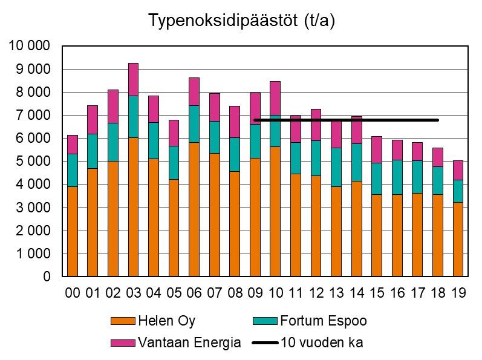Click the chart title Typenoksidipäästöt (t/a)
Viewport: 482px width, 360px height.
click(x=241, y=21)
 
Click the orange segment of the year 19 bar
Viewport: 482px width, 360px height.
click(x=458, y=239)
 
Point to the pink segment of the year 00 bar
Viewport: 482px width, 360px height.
click(x=73, y=144)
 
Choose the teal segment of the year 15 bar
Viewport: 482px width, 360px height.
click(x=377, y=178)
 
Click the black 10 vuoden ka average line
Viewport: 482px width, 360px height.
click(x=363, y=120)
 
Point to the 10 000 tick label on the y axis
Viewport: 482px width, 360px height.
click(x=30, y=46)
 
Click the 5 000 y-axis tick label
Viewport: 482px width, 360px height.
click(x=33, y=162)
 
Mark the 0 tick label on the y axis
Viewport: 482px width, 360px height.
click(x=47, y=277)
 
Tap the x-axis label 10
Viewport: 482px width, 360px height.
click(x=276, y=293)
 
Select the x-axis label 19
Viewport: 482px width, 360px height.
click(x=458, y=293)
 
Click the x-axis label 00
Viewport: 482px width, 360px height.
click(x=73, y=293)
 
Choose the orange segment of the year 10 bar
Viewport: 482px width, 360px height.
click(x=276, y=211)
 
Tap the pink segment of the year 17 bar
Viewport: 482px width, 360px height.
click(x=417, y=151)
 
